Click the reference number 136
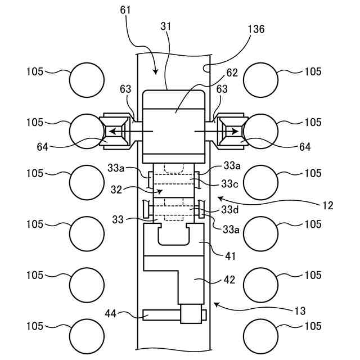(256, 29)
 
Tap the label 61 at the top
(125, 10)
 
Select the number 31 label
(166, 26)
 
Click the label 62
(232, 73)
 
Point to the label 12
(328, 205)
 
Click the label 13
(300, 311)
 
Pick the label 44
(110, 314)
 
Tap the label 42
(229, 280)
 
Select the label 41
(230, 256)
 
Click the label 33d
(230, 210)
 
